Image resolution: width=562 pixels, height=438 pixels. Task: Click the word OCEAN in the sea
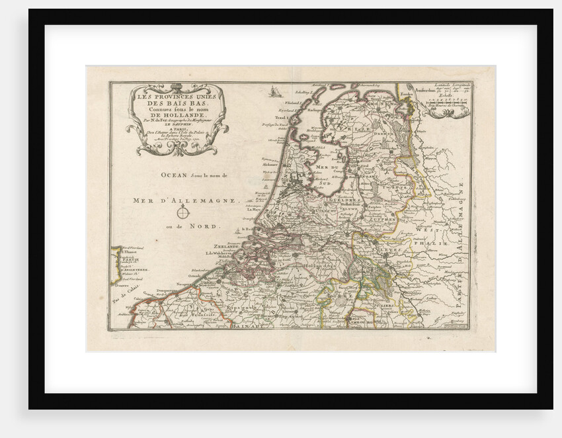[171, 176]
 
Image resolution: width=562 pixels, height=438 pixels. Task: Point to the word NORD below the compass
[206, 226]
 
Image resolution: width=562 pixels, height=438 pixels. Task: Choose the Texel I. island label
[292, 116]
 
